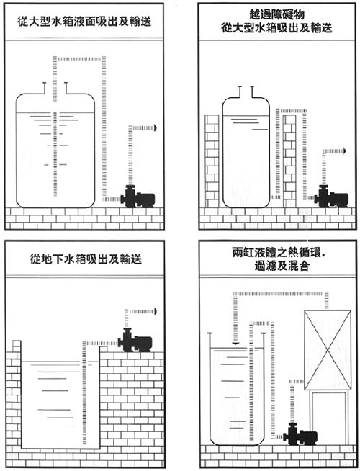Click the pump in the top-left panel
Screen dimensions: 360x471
[138, 197]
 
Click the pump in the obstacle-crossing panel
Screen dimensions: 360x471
[331, 197]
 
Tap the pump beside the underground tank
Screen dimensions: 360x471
[135, 341]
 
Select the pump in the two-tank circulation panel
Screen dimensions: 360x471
[300, 434]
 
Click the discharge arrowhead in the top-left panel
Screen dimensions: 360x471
[155, 127]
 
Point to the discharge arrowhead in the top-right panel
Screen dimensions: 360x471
[345, 151]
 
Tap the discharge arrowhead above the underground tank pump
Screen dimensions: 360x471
[155, 312]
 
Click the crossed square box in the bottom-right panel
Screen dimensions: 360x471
[328, 350]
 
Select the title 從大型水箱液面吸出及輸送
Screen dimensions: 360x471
[84, 22]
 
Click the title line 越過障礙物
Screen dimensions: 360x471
[276, 14]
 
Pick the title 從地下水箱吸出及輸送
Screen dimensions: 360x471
[86, 259]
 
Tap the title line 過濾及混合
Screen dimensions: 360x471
[282, 266]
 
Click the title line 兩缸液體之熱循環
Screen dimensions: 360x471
[279, 253]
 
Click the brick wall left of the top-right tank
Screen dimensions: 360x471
[212, 161]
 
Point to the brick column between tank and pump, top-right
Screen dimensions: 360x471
[289, 161]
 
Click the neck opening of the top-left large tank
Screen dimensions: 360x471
[55, 88]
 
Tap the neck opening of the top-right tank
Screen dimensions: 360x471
[246, 92]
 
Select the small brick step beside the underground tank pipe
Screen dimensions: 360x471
[104, 349]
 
